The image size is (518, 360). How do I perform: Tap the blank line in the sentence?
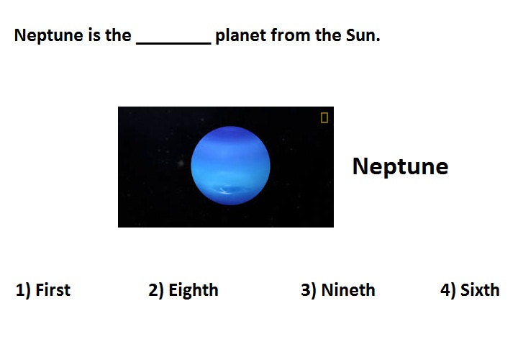tap(174, 43)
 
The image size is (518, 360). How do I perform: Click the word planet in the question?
tap(240, 35)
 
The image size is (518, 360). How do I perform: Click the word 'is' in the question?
tap(94, 35)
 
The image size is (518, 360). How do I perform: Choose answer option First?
tap(53, 290)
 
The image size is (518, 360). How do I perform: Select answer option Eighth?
tap(194, 290)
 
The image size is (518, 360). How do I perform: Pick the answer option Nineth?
tap(348, 290)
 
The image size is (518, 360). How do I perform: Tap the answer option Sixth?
tap(480, 290)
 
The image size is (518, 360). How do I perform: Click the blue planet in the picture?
tap(231, 166)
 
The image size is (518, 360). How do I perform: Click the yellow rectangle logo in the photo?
tap(324, 117)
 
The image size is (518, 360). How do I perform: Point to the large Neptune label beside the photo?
tap(401, 166)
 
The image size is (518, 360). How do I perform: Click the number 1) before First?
tap(24, 290)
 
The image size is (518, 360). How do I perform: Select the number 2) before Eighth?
tap(156, 290)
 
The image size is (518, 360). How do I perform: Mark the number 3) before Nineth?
tap(309, 290)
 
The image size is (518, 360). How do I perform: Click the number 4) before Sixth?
tap(448, 290)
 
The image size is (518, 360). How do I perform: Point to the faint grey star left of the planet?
tap(181, 163)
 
